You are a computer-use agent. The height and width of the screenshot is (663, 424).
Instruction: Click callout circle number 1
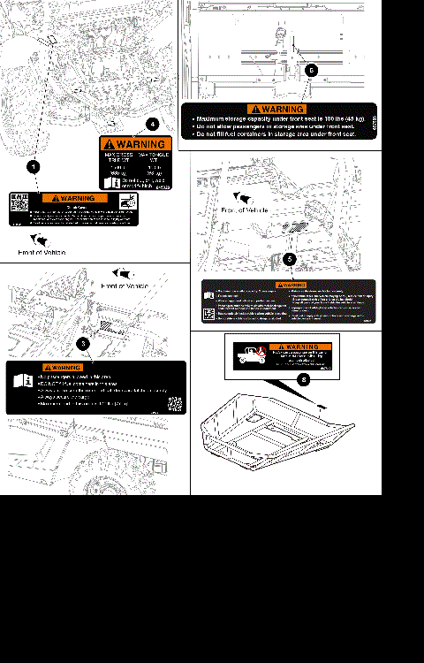(33, 165)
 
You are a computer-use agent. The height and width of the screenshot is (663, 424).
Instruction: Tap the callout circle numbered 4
(152, 124)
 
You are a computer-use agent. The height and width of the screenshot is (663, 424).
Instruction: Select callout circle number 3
(83, 342)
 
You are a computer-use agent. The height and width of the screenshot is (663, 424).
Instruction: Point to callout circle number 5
(291, 259)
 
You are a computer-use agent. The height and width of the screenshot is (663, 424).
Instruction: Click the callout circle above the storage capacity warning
(309, 68)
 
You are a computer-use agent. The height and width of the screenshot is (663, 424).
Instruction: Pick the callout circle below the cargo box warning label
(305, 379)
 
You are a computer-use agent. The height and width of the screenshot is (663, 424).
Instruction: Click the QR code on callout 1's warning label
(19, 200)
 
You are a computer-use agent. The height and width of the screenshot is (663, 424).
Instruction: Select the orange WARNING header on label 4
(132, 144)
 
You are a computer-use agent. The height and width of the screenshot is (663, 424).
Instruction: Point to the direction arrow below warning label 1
(41, 240)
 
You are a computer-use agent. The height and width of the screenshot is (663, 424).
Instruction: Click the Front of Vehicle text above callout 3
(125, 286)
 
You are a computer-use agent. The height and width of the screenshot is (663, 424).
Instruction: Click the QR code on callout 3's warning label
(175, 405)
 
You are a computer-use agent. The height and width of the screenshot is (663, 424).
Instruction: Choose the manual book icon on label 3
(22, 382)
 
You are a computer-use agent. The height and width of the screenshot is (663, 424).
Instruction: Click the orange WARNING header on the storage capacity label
(279, 109)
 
